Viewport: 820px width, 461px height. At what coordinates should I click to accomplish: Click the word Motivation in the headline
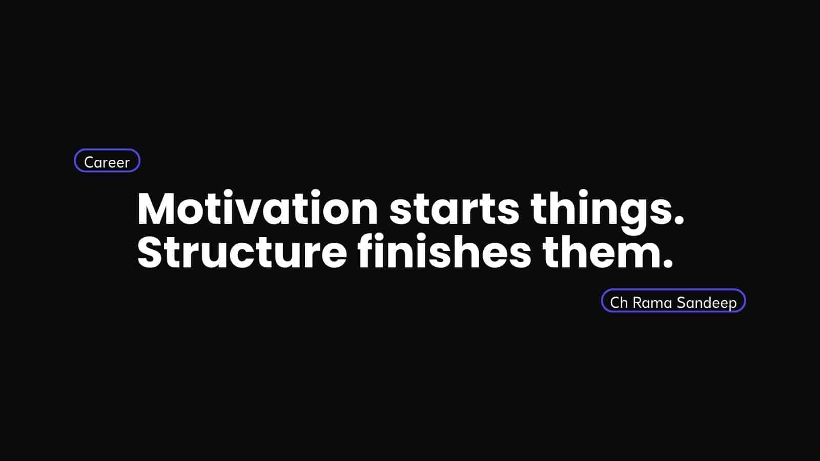click(257, 208)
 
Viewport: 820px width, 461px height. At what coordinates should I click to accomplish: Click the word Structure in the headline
click(242, 252)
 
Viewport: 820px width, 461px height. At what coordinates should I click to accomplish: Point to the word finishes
click(444, 251)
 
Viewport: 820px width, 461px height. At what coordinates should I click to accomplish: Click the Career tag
click(107, 161)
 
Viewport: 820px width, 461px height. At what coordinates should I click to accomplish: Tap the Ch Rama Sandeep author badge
click(673, 301)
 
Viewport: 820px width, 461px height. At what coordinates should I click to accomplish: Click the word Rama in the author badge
click(652, 303)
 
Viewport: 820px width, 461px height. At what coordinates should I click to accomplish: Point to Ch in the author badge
click(619, 303)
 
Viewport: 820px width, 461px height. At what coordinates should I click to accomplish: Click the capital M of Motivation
click(156, 208)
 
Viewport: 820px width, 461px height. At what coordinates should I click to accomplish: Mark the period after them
click(668, 264)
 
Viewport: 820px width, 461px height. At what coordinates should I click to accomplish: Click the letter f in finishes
click(366, 251)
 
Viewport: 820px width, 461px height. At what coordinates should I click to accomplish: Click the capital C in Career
click(90, 162)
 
